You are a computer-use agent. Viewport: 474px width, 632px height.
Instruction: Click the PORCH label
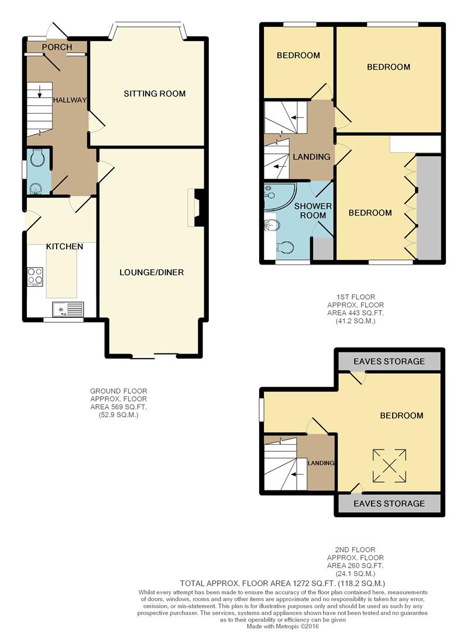tap(57, 47)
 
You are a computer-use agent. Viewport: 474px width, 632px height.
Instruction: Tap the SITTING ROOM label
tap(154, 94)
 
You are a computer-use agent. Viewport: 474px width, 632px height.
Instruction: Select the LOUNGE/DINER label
tap(152, 273)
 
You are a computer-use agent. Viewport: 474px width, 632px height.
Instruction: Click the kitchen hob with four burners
tap(35, 276)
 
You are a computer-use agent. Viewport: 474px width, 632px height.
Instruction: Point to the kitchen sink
tap(67, 310)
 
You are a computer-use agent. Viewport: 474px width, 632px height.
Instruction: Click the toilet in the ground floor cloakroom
tap(37, 157)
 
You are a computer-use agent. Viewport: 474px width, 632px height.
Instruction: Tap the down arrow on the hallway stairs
tap(40, 91)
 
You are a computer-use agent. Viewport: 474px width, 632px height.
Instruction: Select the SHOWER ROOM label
tap(312, 211)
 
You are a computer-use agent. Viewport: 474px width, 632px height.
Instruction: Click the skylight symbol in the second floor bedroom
tap(389, 466)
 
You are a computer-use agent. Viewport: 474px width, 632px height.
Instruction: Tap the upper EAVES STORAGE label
tap(389, 362)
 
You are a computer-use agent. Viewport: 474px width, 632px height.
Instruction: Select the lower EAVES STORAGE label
tap(389, 504)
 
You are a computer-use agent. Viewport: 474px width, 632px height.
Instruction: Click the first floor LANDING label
tap(311, 157)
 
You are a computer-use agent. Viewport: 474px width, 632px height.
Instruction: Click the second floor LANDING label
tap(321, 463)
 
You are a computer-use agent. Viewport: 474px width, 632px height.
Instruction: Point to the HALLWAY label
tap(70, 100)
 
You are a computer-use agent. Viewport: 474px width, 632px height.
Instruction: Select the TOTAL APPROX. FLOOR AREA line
tap(283, 583)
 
